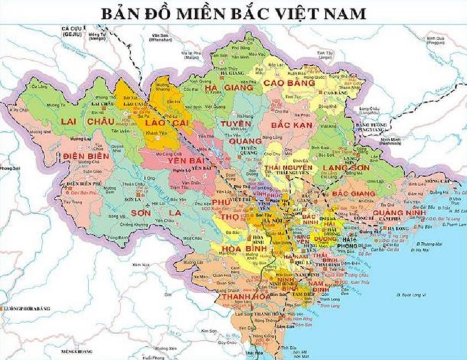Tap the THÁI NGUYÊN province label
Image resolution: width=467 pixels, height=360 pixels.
(288, 168)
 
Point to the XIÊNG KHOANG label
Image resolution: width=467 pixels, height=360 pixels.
(78, 352)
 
